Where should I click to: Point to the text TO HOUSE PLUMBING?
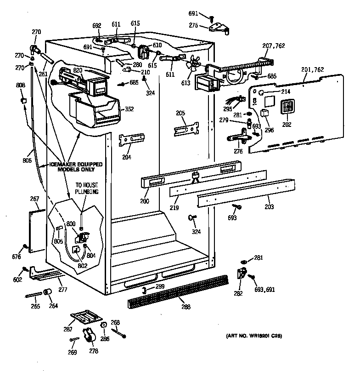pyautogui.click(x=87, y=188)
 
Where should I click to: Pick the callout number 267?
pyautogui.click(x=34, y=199)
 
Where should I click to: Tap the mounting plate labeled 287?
pyautogui.click(x=86, y=318)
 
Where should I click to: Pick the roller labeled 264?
pyautogui.click(x=47, y=292)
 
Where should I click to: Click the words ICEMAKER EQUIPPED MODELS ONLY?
pyautogui.click(x=76, y=166)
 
